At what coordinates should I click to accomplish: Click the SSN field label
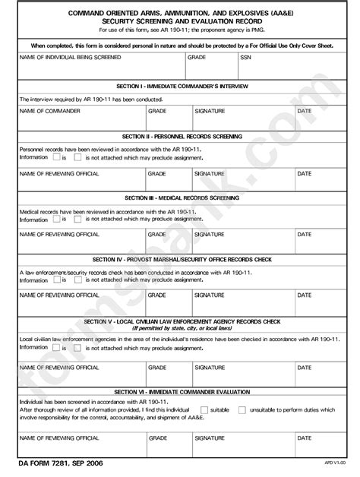(x=245, y=57)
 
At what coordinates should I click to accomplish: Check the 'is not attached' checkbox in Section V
(x=78, y=348)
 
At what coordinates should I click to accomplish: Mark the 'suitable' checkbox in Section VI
(x=203, y=410)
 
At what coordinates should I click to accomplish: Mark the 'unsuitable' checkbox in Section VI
(x=242, y=410)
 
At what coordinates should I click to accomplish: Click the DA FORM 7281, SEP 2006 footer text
(x=60, y=463)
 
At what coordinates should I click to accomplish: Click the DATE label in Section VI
(x=304, y=438)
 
